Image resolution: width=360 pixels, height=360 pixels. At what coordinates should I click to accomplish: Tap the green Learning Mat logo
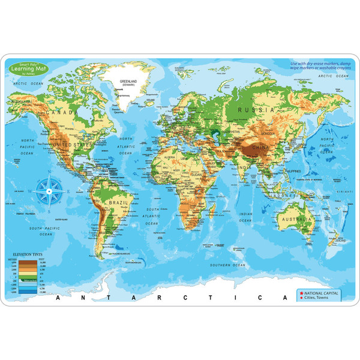click(28, 71)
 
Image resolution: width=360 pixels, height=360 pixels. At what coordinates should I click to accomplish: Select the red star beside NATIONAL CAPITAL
click(299, 292)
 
